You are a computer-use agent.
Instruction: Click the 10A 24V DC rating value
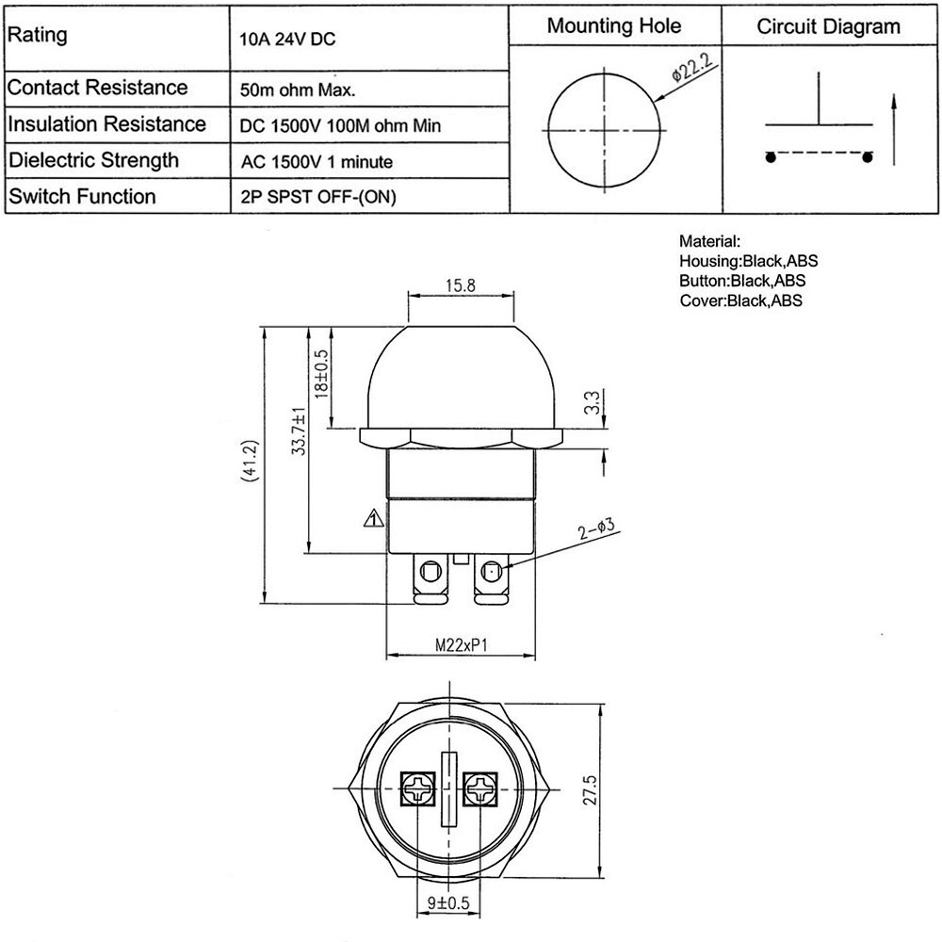click(288, 41)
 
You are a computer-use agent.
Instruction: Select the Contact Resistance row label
click(98, 88)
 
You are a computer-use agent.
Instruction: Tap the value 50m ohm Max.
click(298, 91)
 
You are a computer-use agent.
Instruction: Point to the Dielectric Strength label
click(93, 159)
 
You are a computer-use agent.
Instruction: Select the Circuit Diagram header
click(828, 26)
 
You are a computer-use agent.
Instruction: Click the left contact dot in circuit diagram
click(771, 157)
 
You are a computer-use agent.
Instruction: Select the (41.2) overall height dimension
click(249, 461)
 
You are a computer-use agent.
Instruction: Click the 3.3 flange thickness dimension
click(591, 404)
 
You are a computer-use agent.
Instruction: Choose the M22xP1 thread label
click(459, 646)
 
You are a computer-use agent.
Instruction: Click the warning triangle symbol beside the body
click(374, 517)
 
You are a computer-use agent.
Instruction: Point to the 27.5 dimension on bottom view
click(591, 789)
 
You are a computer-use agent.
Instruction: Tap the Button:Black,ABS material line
click(741, 281)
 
